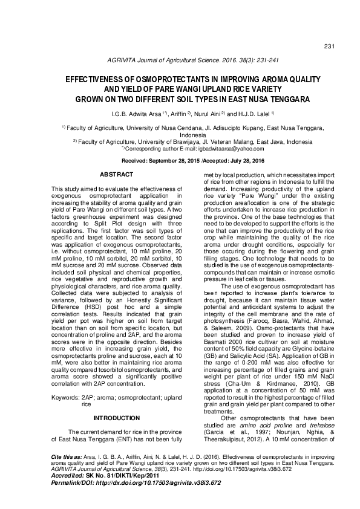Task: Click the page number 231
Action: coord(330,47)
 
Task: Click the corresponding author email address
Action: coord(215,148)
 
